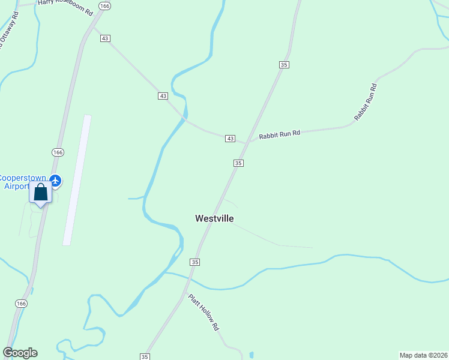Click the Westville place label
214,218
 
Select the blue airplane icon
56,179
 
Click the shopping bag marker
41,193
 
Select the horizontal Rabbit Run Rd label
279,134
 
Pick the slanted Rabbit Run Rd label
366,102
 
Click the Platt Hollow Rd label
203,312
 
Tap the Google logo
20,353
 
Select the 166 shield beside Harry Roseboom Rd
105,6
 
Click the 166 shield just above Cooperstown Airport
58,152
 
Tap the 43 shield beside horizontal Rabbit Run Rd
230,139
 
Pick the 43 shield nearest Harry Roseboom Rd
105,38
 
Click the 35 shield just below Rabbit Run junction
238,163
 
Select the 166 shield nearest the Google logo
22,304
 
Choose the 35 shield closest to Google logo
145,356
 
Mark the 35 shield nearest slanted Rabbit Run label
285,64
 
